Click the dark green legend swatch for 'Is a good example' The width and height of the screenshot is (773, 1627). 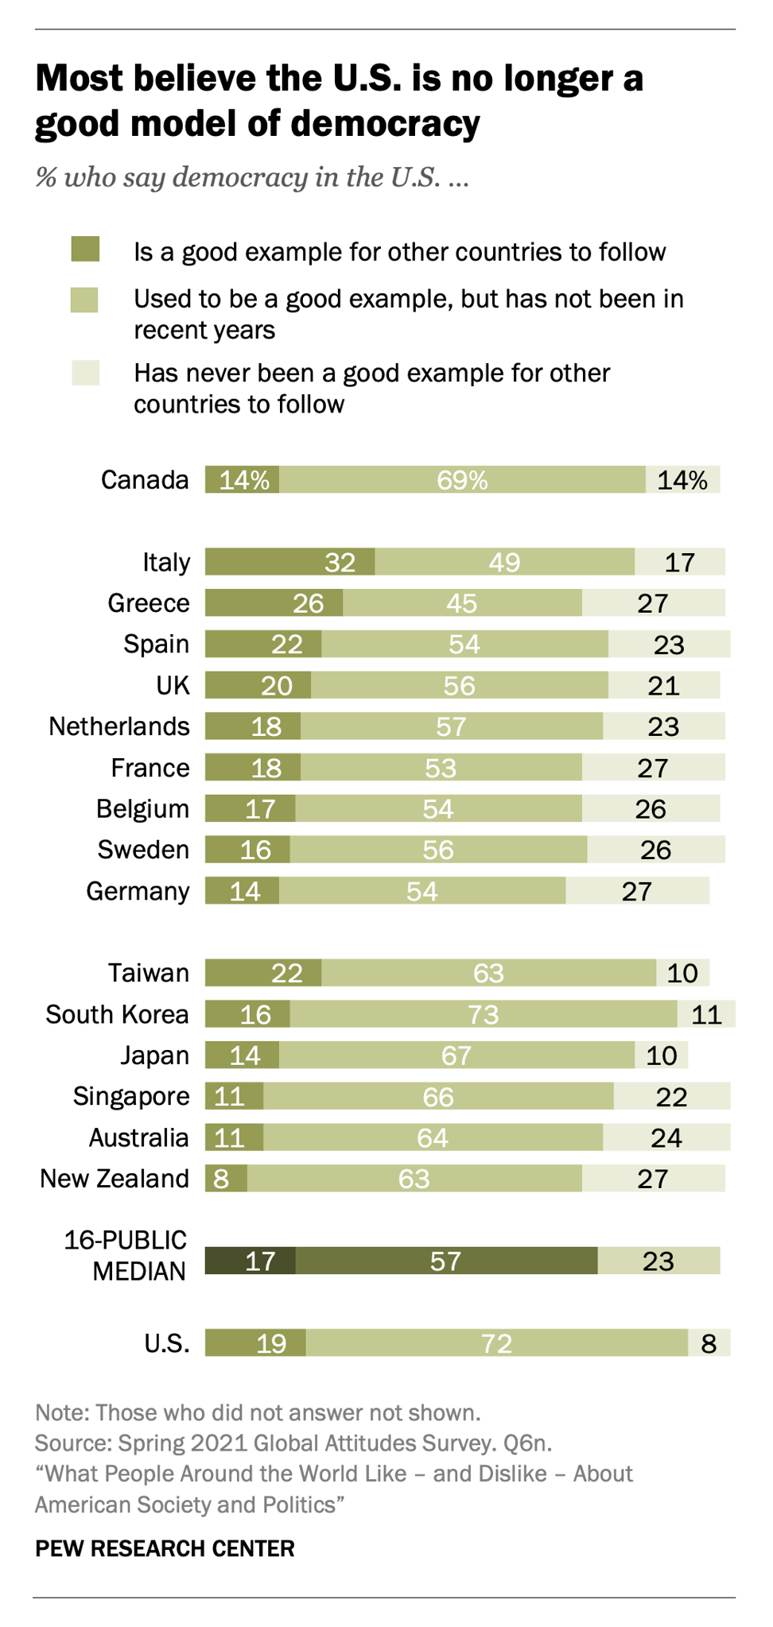click(85, 250)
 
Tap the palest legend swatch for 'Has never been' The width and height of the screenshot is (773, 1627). click(85, 373)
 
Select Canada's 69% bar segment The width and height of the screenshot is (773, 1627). click(462, 480)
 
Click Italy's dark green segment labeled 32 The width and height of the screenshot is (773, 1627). click(289, 562)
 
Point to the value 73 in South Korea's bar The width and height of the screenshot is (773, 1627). click(483, 1014)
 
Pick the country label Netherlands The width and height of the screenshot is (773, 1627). click(119, 726)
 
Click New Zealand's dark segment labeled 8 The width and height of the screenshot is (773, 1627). click(225, 1178)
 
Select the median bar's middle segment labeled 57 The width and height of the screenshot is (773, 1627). click(445, 1261)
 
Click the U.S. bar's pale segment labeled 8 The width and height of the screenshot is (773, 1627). click(709, 1343)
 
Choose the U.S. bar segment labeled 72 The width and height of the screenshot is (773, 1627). click(496, 1343)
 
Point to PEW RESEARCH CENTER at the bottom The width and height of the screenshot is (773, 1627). click(165, 1548)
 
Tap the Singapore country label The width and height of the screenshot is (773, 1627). click(131, 1096)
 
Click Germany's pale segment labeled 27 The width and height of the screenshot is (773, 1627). click(637, 891)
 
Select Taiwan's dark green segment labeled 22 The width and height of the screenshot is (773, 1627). click(263, 973)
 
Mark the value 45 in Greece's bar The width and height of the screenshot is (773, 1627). click(461, 603)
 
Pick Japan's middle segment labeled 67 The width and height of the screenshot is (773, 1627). click(456, 1056)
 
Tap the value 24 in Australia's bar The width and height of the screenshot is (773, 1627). click(666, 1137)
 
